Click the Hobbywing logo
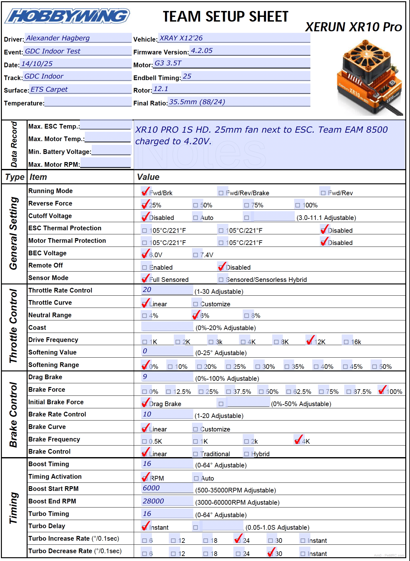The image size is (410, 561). (x=67, y=16)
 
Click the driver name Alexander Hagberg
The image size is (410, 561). (x=58, y=38)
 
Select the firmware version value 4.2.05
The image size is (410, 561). (x=202, y=51)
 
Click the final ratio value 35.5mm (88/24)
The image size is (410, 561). (x=197, y=102)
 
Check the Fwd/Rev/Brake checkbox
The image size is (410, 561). (x=221, y=193)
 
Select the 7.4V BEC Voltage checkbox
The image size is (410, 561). (x=195, y=255)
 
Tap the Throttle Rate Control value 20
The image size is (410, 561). (x=147, y=290)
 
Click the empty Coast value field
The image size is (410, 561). (x=167, y=327)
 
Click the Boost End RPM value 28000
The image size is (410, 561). (x=153, y=501)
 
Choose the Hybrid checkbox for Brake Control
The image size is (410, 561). (x=247, y=454)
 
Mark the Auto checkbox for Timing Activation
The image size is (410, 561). (x=196, y=478)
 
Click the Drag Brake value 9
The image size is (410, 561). (x=145, y=377)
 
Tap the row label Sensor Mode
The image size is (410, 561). (x=48, y=278)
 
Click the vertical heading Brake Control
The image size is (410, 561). (x=13, y=414)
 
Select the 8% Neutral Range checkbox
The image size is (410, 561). (x=247, y=316)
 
